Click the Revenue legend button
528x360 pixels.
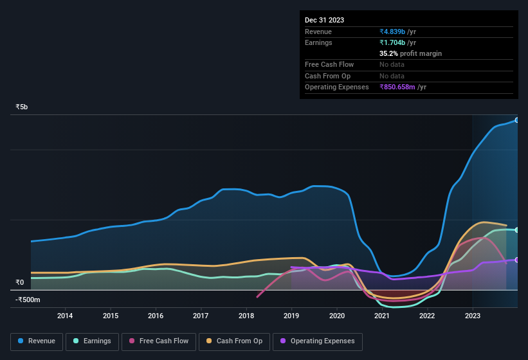36,341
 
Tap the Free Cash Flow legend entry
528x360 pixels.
158,341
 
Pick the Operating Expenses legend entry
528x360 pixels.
318,341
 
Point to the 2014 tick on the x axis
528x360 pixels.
65,316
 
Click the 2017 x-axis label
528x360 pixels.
201,316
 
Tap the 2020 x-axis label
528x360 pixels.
336,316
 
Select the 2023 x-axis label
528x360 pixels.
472,316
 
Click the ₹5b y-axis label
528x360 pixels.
22,107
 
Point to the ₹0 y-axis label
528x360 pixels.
19,282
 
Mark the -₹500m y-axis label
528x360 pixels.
28,300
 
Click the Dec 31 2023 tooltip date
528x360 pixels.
324,20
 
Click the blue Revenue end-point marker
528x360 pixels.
516,120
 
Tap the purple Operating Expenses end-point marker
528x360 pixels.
516,260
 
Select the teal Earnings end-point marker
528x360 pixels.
516,230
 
